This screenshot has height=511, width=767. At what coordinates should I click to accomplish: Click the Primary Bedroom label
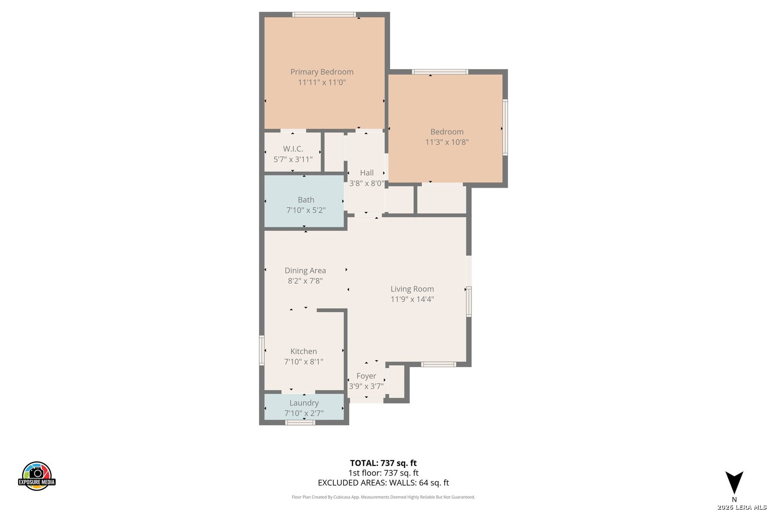(x=321, y=72)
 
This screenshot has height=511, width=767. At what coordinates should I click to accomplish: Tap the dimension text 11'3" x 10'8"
(x=447, y=142)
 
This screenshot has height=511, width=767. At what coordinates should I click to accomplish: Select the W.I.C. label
(x=293, y=149)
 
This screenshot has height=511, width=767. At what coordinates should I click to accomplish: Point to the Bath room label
(x=306, y=200)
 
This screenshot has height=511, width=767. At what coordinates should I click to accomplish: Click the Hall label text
(x=367, y=173)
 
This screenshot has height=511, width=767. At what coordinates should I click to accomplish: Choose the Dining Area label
(x=305, y=270)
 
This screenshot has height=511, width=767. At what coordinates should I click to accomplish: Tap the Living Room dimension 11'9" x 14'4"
(x=412, y=299)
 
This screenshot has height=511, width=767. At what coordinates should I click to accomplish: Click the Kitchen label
(x=303, y=351)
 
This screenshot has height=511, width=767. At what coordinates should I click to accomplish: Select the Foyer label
(x=366, y=376)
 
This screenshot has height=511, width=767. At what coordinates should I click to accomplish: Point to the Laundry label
(x=303, y=403)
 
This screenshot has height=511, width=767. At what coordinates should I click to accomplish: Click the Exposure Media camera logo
(x=36, y=476)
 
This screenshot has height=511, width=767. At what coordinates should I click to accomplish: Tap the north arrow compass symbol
(x=734, y=483)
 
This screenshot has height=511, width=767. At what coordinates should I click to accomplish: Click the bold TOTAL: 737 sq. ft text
(x=383, y=463)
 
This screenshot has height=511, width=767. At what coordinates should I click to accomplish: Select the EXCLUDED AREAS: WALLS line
(x=383, y=483)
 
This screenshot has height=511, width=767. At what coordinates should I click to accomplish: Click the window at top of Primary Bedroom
(x=324, y=14)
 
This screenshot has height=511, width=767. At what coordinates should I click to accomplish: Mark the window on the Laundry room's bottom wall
(x=300, y=423)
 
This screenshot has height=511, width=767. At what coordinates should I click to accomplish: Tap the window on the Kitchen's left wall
(x=262, y=351)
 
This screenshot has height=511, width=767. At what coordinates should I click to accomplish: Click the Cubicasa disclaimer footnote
(x=383, y=497)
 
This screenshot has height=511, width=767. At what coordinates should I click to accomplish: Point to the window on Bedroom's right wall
(x=505, y=127)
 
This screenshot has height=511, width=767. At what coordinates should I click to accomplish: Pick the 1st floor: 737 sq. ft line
(x=383, y=473)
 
